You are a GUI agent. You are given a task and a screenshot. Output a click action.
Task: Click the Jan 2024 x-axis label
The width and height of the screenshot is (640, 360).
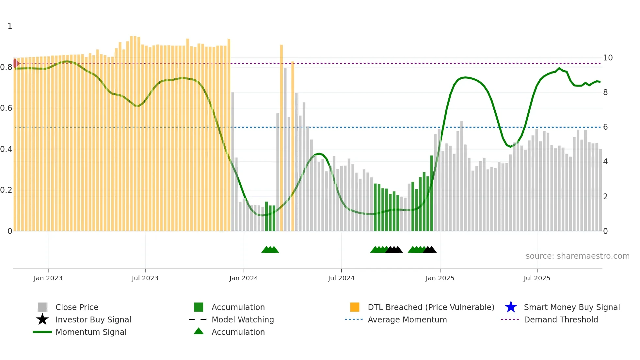244,278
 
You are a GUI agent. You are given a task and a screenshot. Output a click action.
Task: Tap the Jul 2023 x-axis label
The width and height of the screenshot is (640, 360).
145,278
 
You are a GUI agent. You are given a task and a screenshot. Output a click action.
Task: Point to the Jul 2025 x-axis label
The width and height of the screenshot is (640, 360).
537,278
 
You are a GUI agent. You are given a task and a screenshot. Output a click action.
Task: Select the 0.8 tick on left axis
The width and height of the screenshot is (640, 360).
6,67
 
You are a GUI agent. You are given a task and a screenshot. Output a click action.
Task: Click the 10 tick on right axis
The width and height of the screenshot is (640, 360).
608,58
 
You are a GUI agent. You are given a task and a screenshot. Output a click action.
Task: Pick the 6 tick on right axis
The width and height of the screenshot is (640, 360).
605,127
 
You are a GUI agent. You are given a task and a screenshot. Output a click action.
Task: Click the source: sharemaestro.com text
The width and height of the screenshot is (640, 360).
577,256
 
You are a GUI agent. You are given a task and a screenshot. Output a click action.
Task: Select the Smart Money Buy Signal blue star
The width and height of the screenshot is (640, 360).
511,307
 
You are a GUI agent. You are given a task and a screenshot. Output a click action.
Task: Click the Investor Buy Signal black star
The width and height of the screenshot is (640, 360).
42,319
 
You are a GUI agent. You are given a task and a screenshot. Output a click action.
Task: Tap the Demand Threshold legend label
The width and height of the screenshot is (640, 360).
561,319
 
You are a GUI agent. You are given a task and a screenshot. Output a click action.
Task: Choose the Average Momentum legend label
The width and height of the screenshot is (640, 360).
407,319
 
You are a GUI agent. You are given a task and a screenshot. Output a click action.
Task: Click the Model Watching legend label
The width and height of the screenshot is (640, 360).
243,319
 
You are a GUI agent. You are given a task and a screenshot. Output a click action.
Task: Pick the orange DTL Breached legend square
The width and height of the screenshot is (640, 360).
355,307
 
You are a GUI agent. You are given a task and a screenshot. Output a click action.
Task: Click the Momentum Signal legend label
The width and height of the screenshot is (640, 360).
91,332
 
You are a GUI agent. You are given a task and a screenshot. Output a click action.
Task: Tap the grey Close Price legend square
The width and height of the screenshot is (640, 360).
42,307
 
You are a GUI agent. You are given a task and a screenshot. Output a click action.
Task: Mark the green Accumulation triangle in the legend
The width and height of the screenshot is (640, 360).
199,331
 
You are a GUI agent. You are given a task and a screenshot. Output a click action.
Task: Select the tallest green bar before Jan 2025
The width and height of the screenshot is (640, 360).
432,193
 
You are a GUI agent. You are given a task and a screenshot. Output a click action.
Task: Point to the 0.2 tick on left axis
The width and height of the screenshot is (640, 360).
6,190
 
